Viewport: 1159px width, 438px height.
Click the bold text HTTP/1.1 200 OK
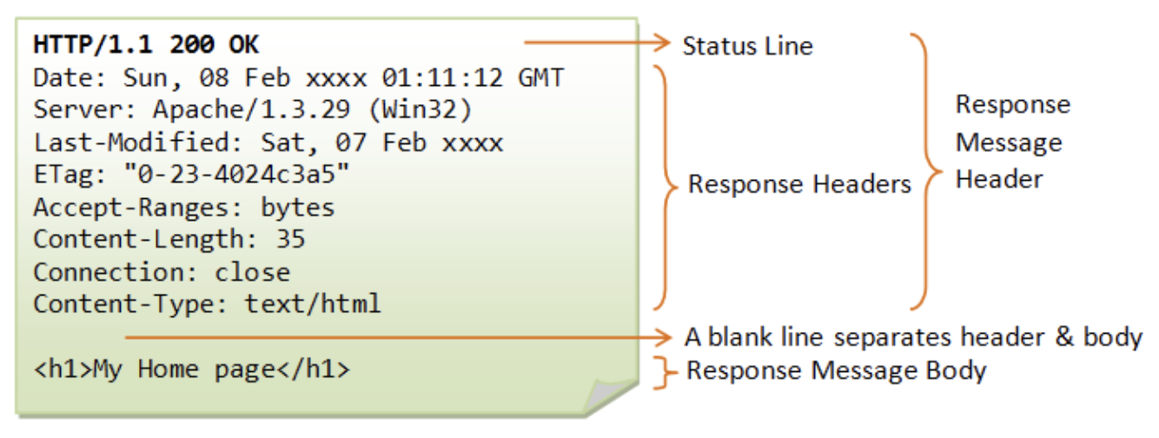coord(146,43)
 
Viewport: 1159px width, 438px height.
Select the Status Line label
coord(747,45)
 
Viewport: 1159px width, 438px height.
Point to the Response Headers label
coord(799,184)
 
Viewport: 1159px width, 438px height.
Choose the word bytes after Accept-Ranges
coord(297,208)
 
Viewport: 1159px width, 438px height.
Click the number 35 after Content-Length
coord(291,239)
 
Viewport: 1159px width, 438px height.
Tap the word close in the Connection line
coord(252,272)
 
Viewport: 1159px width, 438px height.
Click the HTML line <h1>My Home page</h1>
coord(192,370)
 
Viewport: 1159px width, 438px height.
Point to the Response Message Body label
coord(836,371)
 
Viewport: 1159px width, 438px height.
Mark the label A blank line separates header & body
coord(913,337)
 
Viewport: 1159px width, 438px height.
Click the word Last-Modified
coord(131,143)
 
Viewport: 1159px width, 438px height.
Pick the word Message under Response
coord(1009,143)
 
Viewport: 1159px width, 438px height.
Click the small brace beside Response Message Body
coord(666,371)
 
